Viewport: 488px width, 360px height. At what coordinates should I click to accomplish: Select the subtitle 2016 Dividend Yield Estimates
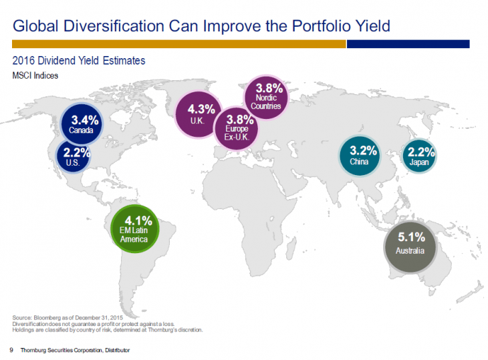79,61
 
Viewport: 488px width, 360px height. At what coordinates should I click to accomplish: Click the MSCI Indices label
35,75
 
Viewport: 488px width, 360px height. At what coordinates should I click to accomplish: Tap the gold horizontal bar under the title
178,44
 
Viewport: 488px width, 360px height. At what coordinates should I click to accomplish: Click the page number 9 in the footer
11,350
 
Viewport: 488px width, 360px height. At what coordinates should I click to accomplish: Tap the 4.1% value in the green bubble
139,220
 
